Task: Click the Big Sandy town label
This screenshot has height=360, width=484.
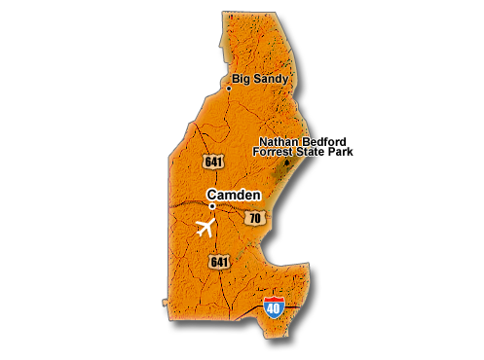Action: point(259,79)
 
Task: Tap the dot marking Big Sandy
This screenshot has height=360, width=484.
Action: point(229,89)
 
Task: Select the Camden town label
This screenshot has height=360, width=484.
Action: point(234,195)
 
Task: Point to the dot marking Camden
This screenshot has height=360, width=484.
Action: point(211,206)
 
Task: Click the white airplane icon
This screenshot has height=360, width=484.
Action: point(205,229)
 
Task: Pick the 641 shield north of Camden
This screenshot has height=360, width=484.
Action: point(213,161)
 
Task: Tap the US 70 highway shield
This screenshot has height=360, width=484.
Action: point(254,218)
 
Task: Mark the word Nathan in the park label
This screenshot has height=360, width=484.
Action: point(278,142)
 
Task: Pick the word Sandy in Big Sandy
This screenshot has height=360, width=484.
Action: point(270,79)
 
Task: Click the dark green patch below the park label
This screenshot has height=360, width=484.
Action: point(284,175)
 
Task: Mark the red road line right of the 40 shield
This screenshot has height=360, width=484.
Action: point(292,306)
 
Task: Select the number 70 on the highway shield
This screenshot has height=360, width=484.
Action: point(254,219)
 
